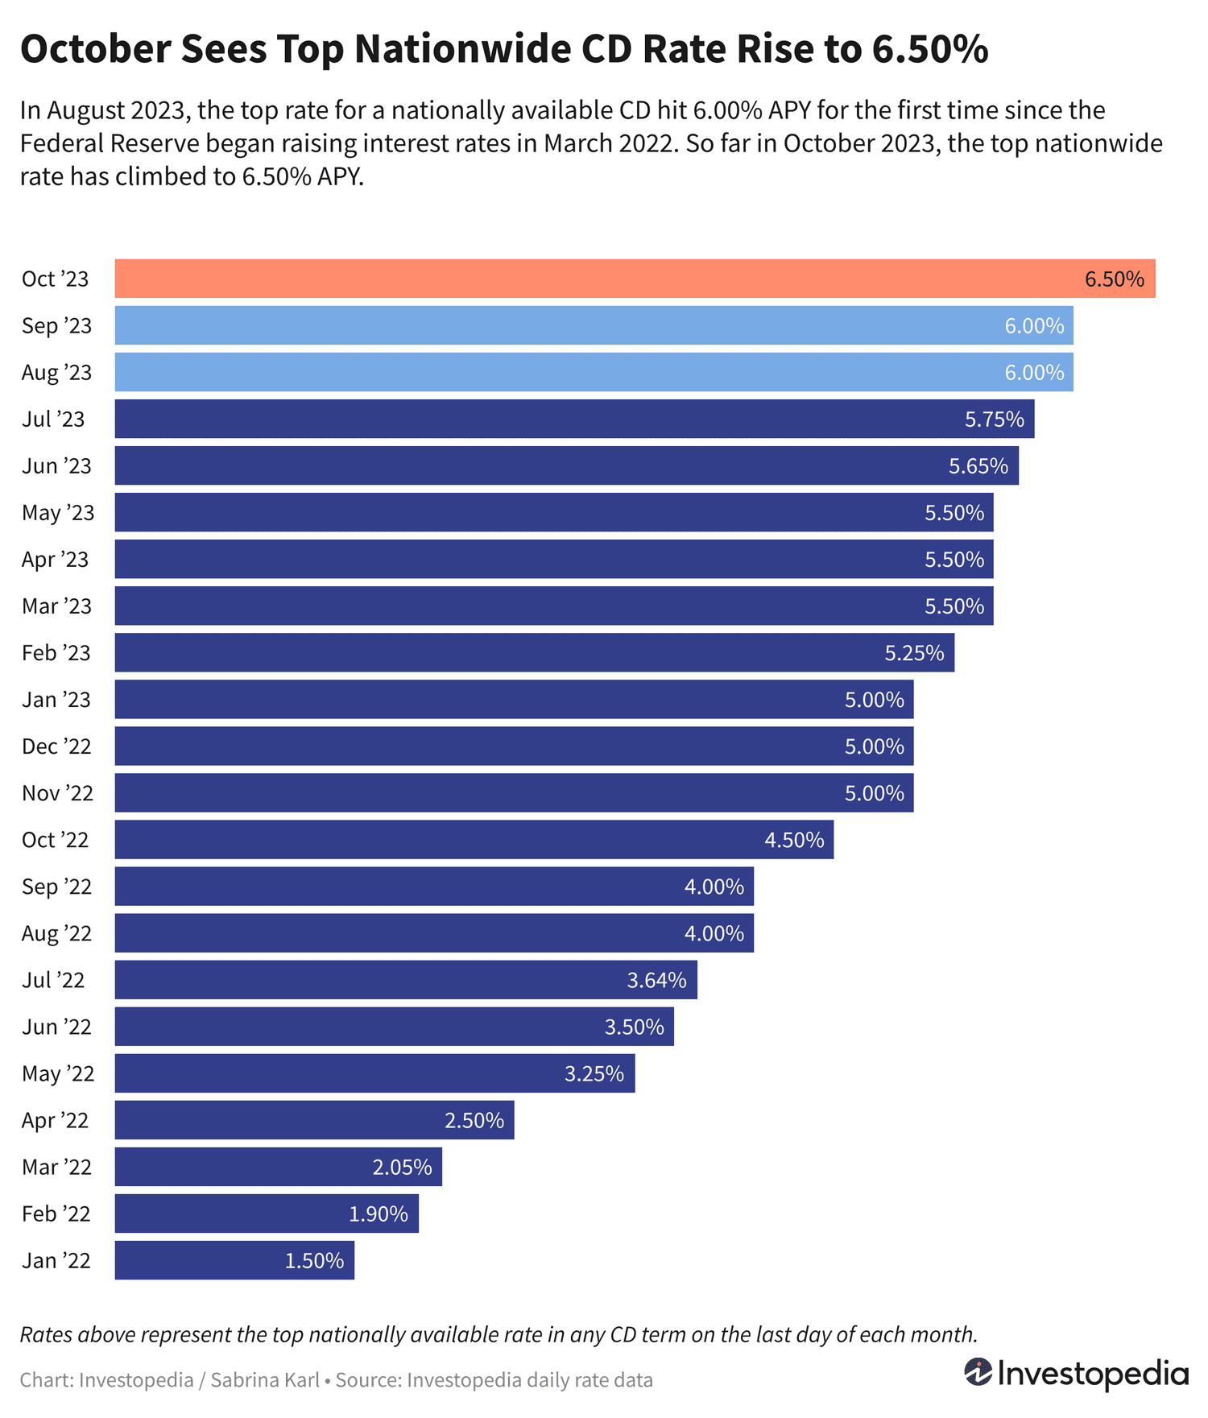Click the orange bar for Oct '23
635,279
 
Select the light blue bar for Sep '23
594,325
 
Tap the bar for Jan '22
234,1260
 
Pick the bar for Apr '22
314,1120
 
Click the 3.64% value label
657,980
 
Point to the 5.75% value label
995,420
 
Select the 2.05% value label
402,1167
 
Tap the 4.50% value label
794,840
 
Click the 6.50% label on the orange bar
1115,279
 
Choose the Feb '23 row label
56,653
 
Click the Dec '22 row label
56,746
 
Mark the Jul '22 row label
53,980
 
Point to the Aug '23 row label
56,373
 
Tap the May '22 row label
58,1074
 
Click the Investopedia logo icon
978,1372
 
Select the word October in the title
95,49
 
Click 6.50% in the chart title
930,49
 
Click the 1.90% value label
379,1213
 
